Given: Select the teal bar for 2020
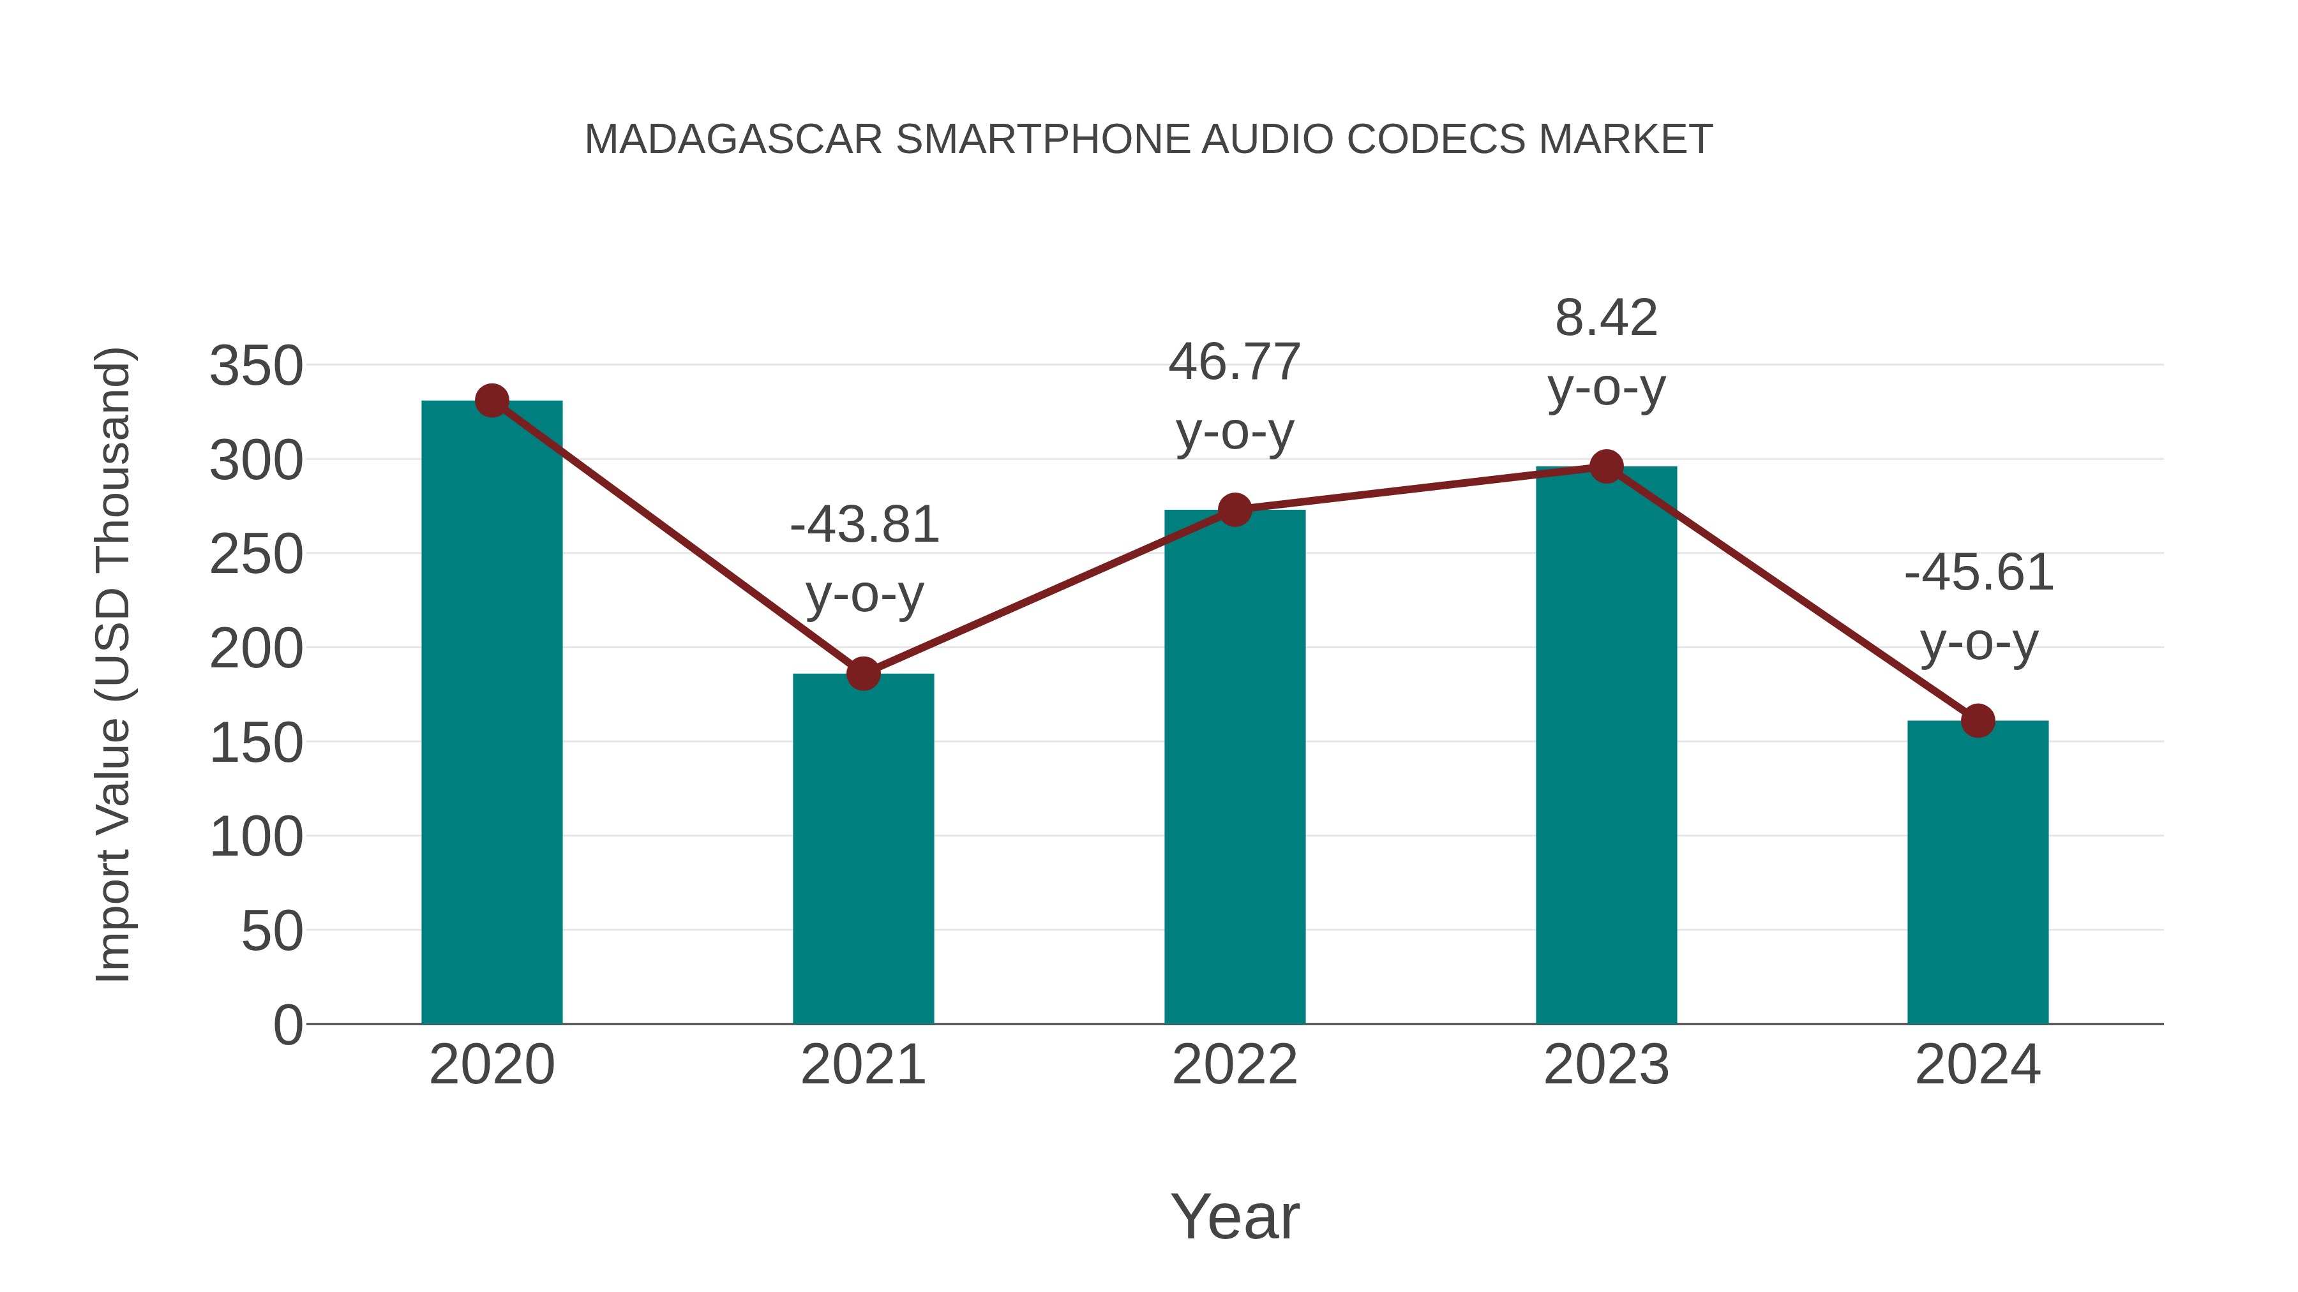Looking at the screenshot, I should [x=492, y=713].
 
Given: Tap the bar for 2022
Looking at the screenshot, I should [x=1235, y=767].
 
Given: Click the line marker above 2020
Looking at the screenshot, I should [x=492, y=401].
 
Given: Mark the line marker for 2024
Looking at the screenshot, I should [x=1978, y=720].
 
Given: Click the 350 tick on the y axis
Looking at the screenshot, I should [x=256, y=366].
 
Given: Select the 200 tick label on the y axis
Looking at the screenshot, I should [x=256, y=648].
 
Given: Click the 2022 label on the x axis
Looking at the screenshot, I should [x=1235, y=1065].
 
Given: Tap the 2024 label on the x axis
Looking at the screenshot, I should [x=1978, y=1065].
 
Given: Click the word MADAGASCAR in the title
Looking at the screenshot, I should [x=733, y=139].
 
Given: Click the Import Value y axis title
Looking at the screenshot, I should [x=114, y=664].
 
